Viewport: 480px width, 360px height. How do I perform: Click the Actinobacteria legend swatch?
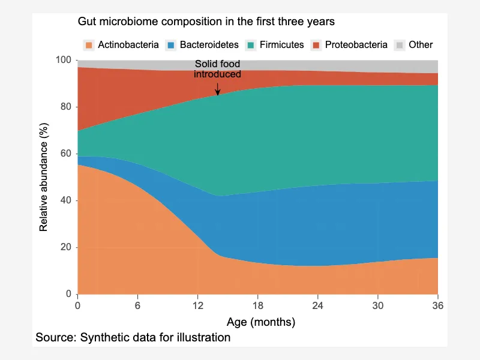(89, 46)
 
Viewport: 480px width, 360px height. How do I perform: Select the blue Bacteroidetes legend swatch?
(171, 46)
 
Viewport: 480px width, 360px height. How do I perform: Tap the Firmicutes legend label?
(281, 44)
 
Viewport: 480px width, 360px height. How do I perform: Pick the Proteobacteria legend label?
(356, 44)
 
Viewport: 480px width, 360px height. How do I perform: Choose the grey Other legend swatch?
(399, 46)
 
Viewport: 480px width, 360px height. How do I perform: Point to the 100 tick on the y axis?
(76, 60)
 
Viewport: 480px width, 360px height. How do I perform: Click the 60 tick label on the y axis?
(66, 154)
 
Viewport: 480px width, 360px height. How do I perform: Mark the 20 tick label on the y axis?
(66, 247)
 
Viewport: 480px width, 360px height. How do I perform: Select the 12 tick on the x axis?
(198, 296)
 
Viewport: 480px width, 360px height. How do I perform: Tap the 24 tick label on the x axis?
(318, 305)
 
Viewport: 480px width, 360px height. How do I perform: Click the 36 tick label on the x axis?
(438, 305)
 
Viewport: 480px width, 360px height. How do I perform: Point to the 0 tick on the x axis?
(78, 296)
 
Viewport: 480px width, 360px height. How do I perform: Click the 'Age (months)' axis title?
(261, 322)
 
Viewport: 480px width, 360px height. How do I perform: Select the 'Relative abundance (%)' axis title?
(43, 177)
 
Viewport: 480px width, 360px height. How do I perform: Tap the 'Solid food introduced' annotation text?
(217, 69)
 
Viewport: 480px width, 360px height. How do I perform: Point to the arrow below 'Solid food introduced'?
(218, 89)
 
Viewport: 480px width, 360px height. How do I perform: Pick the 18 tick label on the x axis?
(258, 305)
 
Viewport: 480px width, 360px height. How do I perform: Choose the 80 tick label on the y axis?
(66, 107)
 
